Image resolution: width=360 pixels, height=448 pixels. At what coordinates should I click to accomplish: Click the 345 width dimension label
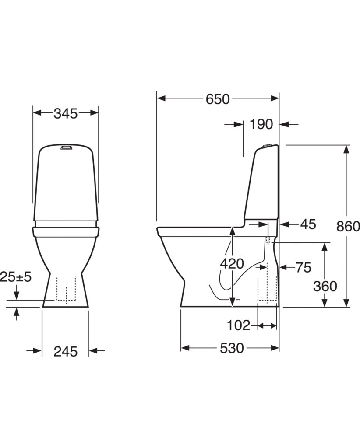click(x=65, y=114)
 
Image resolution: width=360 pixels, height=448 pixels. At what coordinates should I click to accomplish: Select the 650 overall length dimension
click(x=218, y=99)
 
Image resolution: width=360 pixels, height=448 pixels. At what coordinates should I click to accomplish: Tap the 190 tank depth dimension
click(x=261, y=125)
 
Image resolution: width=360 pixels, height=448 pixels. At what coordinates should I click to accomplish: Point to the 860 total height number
click(x=348, y=226)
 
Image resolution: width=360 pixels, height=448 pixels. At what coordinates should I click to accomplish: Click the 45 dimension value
click(x=308, y=224)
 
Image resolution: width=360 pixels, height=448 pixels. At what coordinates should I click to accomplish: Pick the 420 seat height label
click(x=232, y=264)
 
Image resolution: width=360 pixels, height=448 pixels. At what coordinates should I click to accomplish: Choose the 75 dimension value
click(x=303, y=267)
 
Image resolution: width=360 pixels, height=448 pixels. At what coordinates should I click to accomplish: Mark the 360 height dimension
click(x=325, y=286)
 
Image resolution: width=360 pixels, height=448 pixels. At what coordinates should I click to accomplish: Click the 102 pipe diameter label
click(x=239, y=325)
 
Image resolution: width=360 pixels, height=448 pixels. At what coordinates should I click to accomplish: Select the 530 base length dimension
click(x=231, y=348)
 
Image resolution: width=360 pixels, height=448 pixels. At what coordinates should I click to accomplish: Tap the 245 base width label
click(x=65, y=351)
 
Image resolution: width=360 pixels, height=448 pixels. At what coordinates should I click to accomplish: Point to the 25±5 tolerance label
click(x=16, y=277)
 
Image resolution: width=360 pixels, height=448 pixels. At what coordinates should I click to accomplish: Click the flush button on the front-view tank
click(x=66, y=147)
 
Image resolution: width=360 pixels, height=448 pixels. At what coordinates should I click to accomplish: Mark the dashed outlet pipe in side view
click(x=267, y=289)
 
